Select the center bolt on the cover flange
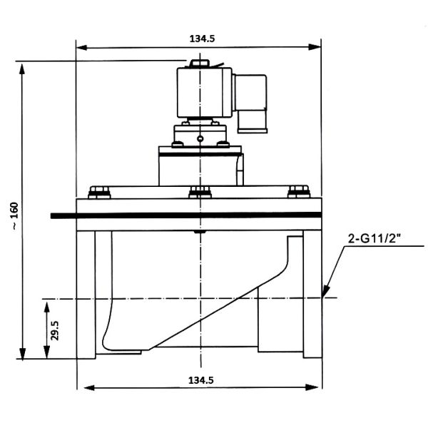[x=200, y=191]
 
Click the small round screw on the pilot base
[x=200, y=138]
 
